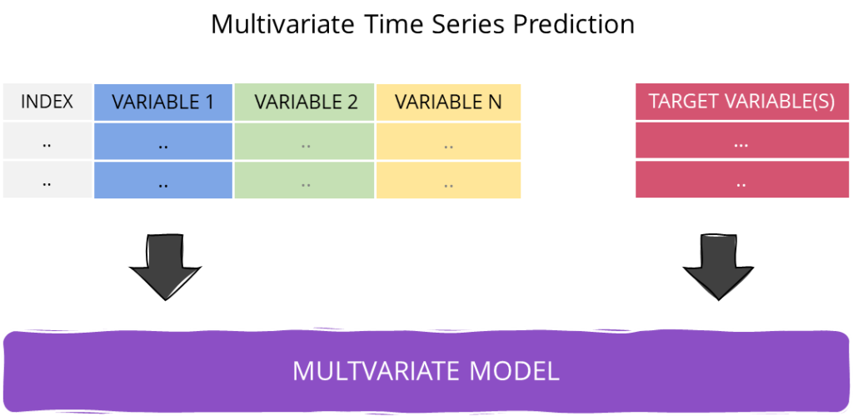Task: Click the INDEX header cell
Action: point(47,102)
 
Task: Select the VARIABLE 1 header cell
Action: point(163,102)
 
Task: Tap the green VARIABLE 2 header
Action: point(306,102)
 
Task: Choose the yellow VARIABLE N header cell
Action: point(448,102)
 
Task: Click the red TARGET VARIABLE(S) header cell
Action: point(741,102)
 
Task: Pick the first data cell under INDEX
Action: point(47,143)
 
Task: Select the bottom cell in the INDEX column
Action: point(47,180)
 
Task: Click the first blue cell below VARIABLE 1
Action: point(163,143)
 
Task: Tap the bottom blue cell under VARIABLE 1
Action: point(163,180)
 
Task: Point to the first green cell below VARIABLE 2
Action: point(306,143)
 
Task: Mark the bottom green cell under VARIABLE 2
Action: point(306,180)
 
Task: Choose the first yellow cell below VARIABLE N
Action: point(448,143)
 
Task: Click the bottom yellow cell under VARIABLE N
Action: point(448,180)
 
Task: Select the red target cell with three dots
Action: point(741,143)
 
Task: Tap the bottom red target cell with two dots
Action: point(741,180)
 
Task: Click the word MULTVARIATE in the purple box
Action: point(386,370)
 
